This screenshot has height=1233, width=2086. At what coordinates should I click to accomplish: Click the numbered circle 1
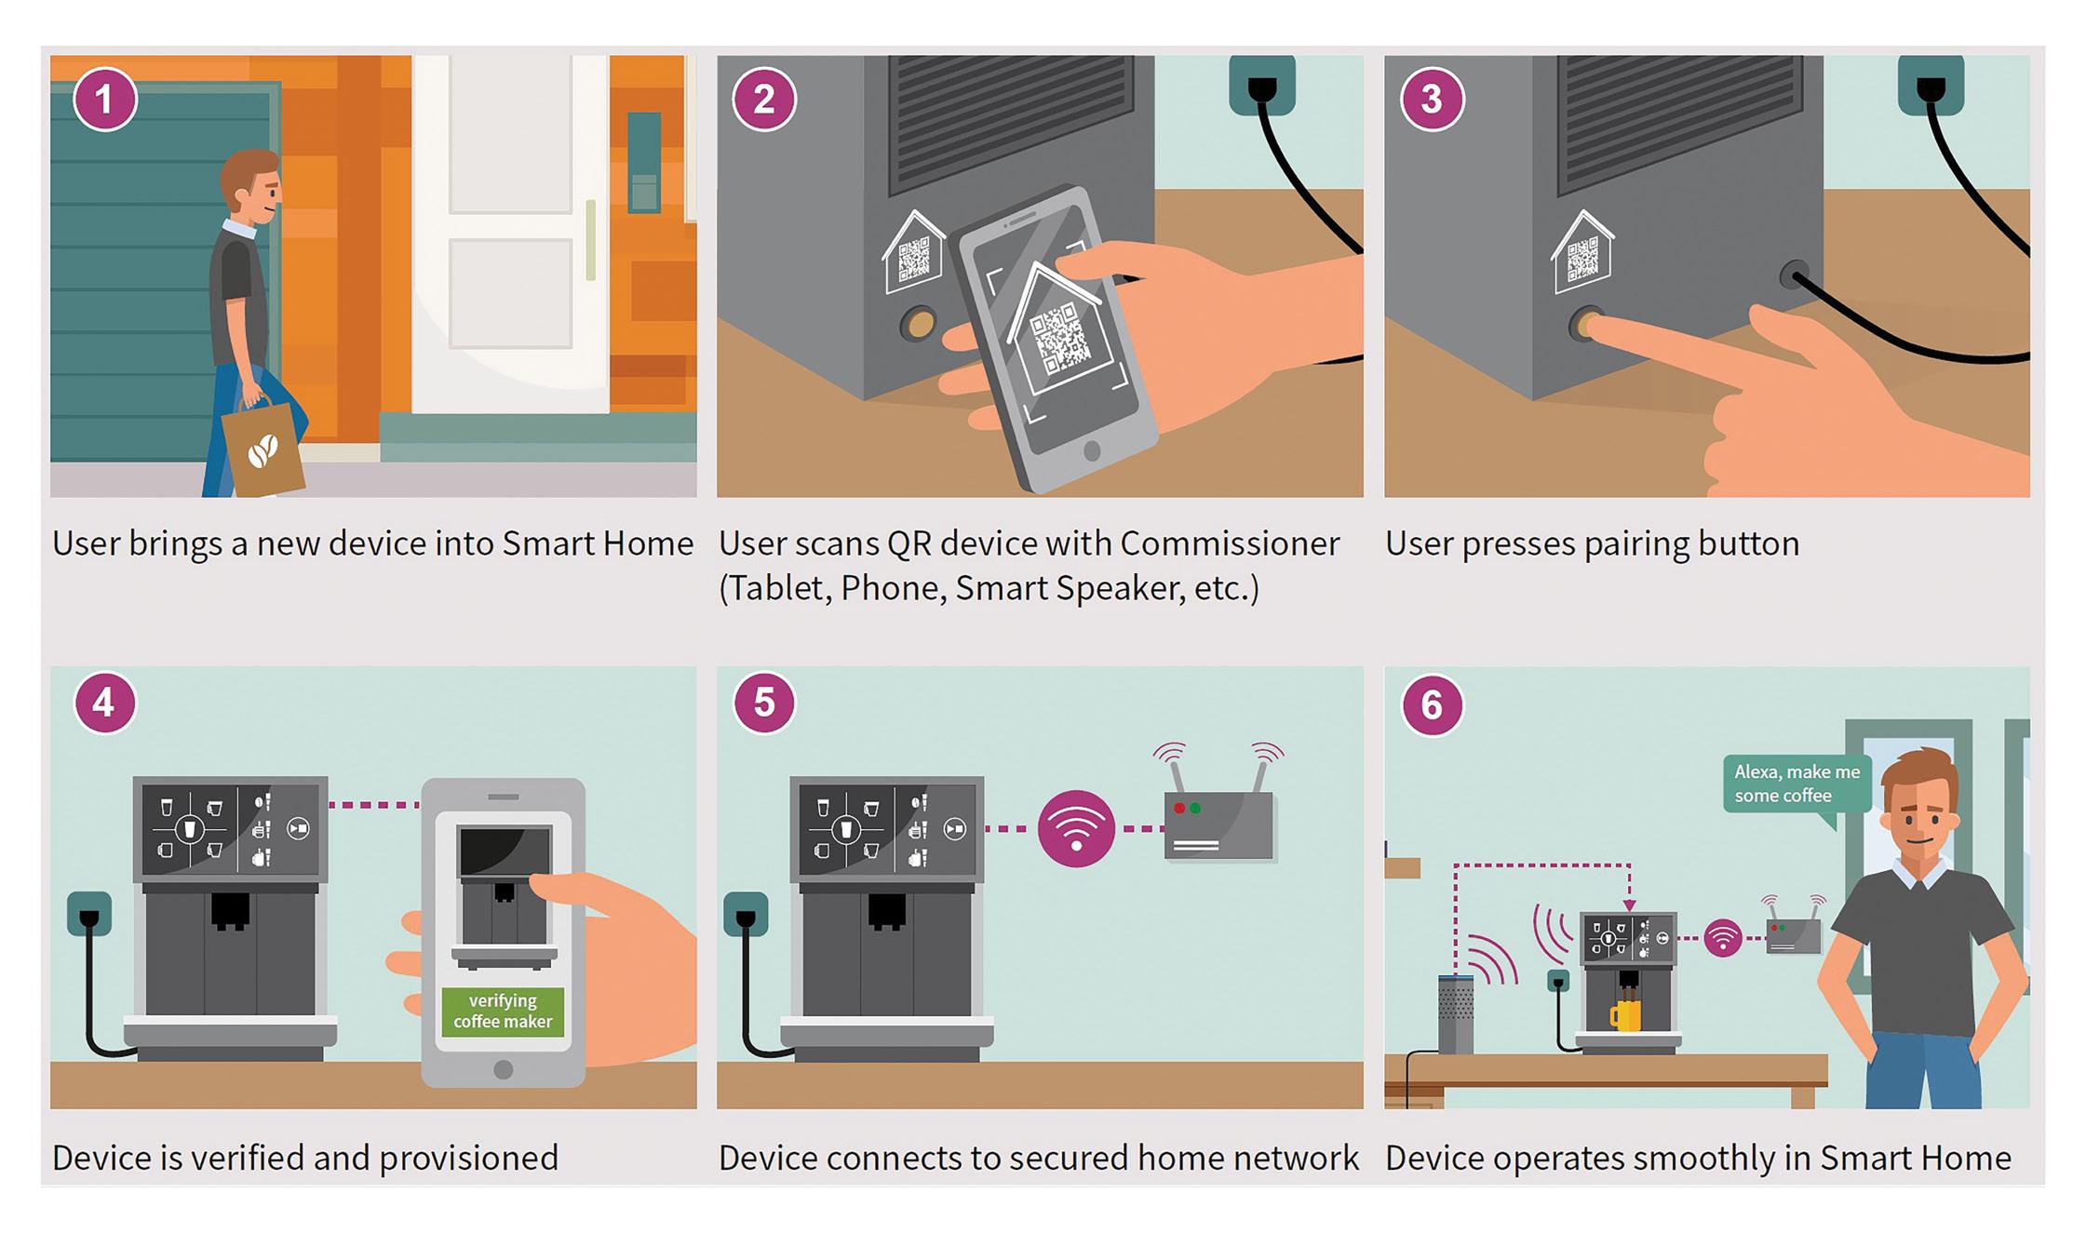(x=105, y=99)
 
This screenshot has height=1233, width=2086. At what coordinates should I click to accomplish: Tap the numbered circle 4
(x=104, y=703)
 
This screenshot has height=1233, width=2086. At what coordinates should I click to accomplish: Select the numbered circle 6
(x=1431, y=704)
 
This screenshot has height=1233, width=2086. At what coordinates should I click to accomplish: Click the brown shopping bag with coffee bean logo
(x=262, y=449)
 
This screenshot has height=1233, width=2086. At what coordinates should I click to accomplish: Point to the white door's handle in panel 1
(x=590, y=239)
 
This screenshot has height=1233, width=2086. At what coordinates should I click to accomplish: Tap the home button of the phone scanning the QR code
(x=1092, y=451)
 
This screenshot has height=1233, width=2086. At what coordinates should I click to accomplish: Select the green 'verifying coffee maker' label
(x=503, y=1011)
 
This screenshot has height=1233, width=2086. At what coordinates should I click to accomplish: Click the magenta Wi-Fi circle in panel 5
(x=1076, y=828)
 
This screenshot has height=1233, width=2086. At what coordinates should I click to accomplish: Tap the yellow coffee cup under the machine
(x=1625, y=1014)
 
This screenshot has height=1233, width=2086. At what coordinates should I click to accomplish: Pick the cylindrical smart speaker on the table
(x=1456, y=1013)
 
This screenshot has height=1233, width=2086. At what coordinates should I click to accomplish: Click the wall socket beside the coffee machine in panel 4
(x=89, y=913)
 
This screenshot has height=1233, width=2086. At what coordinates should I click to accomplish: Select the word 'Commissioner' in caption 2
(x=1230, y=543)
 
